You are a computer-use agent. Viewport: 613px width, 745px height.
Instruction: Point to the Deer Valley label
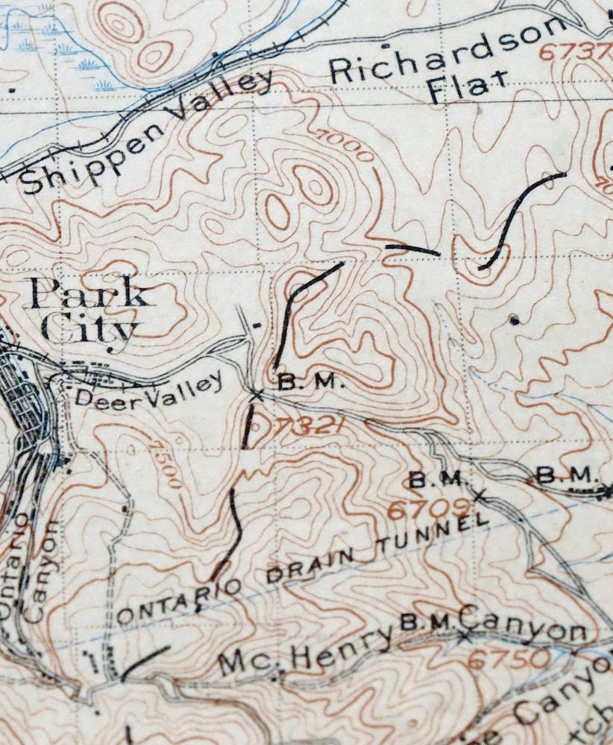click(x=149, y=392)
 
